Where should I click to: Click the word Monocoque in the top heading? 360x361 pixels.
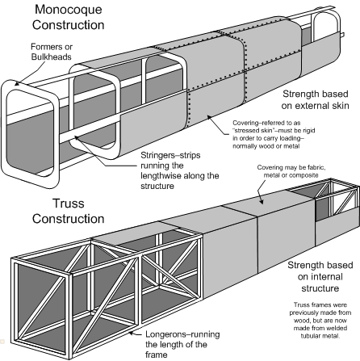point(69,10)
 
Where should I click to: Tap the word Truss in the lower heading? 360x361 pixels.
point(69,204)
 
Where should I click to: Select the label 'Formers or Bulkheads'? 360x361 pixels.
point(52,52)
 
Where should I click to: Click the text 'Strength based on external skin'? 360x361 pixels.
point(315,99)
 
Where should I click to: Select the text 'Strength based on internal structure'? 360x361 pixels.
point(320,277)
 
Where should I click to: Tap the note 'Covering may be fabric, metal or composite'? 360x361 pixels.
point(291,171)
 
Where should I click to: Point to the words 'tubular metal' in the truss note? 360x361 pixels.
point(320,336)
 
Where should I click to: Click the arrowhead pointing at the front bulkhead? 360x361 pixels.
point(17,84)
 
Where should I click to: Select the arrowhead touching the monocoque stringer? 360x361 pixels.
point(77,138)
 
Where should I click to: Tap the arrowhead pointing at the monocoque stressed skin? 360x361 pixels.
point(209,117)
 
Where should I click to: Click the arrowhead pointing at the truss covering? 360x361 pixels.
point(261,201)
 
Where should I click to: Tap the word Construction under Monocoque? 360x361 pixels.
point(69,25)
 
